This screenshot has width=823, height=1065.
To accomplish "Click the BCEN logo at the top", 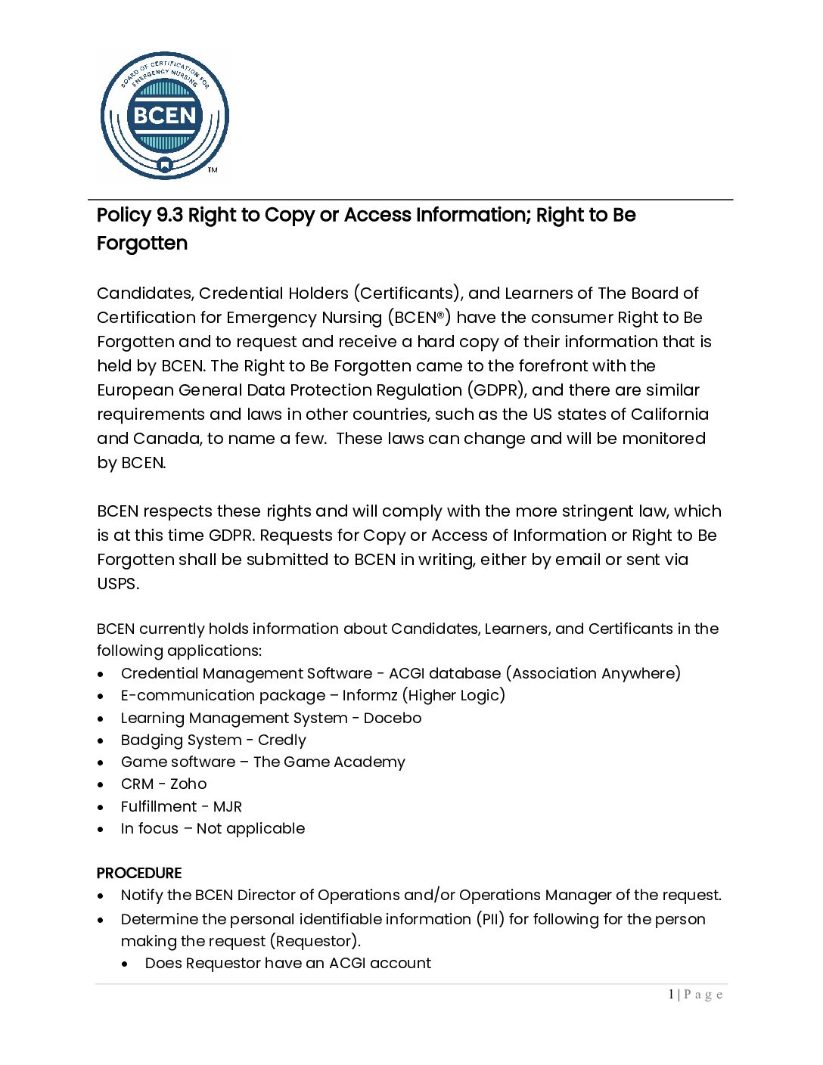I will point(164,116).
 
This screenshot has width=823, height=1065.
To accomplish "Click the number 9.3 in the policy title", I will point(169,216).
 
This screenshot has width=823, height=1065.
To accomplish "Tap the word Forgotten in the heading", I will point(142,244).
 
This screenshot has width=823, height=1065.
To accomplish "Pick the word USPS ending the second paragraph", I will point(117,584).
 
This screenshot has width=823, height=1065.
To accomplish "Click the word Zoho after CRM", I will point(188,784).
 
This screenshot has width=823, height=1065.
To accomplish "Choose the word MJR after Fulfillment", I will point(228,807).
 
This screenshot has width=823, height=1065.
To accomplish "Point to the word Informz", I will point(372,696).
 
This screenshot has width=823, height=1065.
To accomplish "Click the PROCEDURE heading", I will point(139,873).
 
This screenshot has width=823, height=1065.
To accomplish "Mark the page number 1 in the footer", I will point(671,995).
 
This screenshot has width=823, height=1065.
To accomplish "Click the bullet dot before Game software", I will point(101,763).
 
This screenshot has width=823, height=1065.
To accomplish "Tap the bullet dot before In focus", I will point(101,830).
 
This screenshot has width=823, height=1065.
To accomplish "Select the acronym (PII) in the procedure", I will point(490,919).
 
